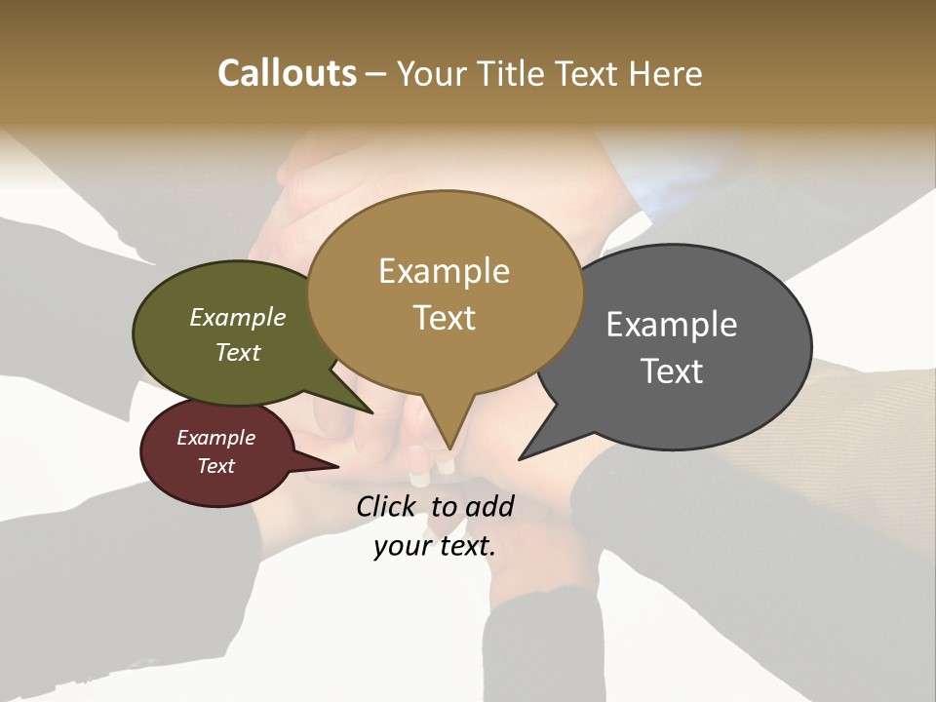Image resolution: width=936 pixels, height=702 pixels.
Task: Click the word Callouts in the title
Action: point(287,73)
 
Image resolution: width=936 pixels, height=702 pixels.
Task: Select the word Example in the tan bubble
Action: point(444,271)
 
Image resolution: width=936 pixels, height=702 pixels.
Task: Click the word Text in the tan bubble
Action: point(444,318)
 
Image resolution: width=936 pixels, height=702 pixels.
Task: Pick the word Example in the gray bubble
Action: point(672,325)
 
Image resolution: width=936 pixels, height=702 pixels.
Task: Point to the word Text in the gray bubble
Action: point(672,371)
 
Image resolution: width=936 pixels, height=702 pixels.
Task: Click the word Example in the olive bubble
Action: point(238,318)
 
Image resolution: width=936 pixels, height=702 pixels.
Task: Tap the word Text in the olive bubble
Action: point(238,353)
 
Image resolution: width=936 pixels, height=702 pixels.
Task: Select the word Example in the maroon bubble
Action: point(216,438)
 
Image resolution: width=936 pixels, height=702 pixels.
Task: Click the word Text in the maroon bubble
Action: point(216,466)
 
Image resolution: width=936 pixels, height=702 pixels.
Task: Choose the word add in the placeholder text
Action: point(489,506)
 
